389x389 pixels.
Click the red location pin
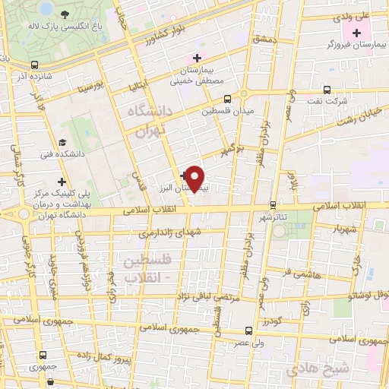[195, 179]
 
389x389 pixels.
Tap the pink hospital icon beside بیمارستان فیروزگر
[356, 32]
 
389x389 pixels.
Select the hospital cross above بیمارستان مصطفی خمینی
[197, 58]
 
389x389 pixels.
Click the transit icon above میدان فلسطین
[227, 98]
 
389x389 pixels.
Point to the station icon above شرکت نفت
[327, 89]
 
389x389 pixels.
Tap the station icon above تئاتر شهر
[273, 205]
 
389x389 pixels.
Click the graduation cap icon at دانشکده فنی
[62, 142]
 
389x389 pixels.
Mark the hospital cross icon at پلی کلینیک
[62, 181]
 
